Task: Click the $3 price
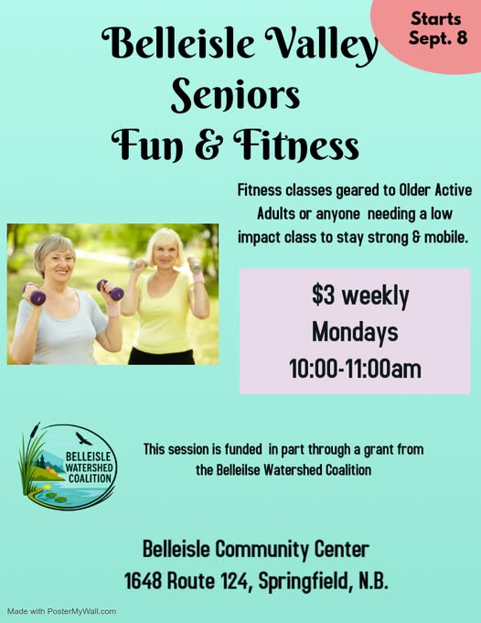[324, 295]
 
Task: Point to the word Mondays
[355, 332]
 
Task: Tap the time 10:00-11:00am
[355, 369]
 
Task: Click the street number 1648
[143, 581]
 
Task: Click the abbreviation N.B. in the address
[373, 581]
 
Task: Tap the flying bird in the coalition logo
[83, 438]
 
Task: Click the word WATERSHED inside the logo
[89, 467]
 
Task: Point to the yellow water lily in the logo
[48, 487]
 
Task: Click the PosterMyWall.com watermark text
[81, 611]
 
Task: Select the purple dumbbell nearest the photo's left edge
[35, 295]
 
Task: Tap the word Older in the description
[414, 190]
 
